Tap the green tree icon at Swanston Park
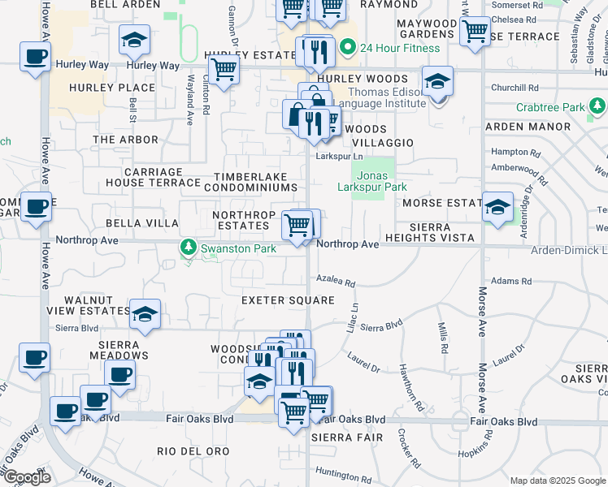coord(189,246)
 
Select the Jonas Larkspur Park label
coord(371,180)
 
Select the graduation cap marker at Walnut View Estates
coord(145,314)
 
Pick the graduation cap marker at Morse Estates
coord(497,207)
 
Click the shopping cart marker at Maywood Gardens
coord(474,31)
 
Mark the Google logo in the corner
coord(26,477)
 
